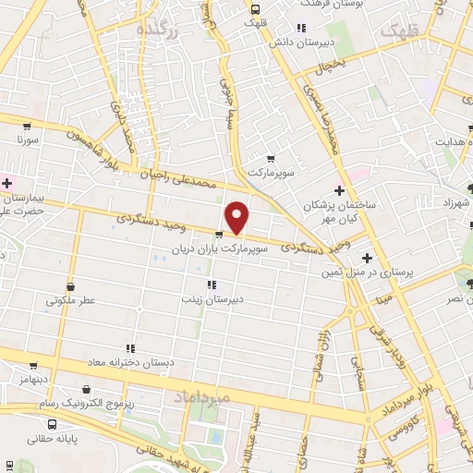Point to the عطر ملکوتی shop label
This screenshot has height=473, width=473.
point(75,301)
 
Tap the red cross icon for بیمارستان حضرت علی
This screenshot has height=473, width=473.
point(6,183)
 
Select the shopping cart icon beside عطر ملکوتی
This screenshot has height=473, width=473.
point(48,301)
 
